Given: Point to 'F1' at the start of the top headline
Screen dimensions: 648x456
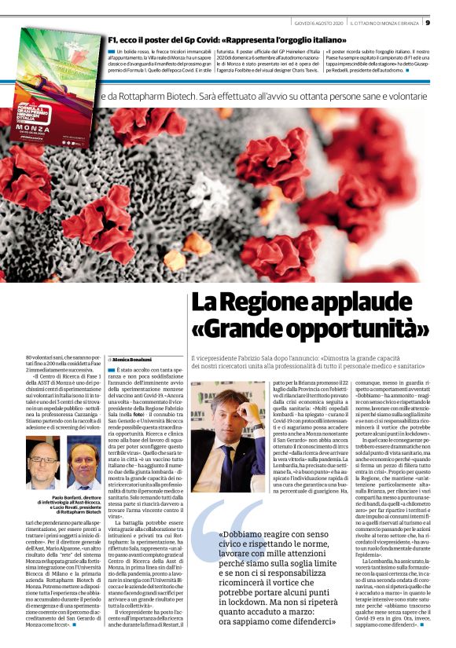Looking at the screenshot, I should pos(114,37).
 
